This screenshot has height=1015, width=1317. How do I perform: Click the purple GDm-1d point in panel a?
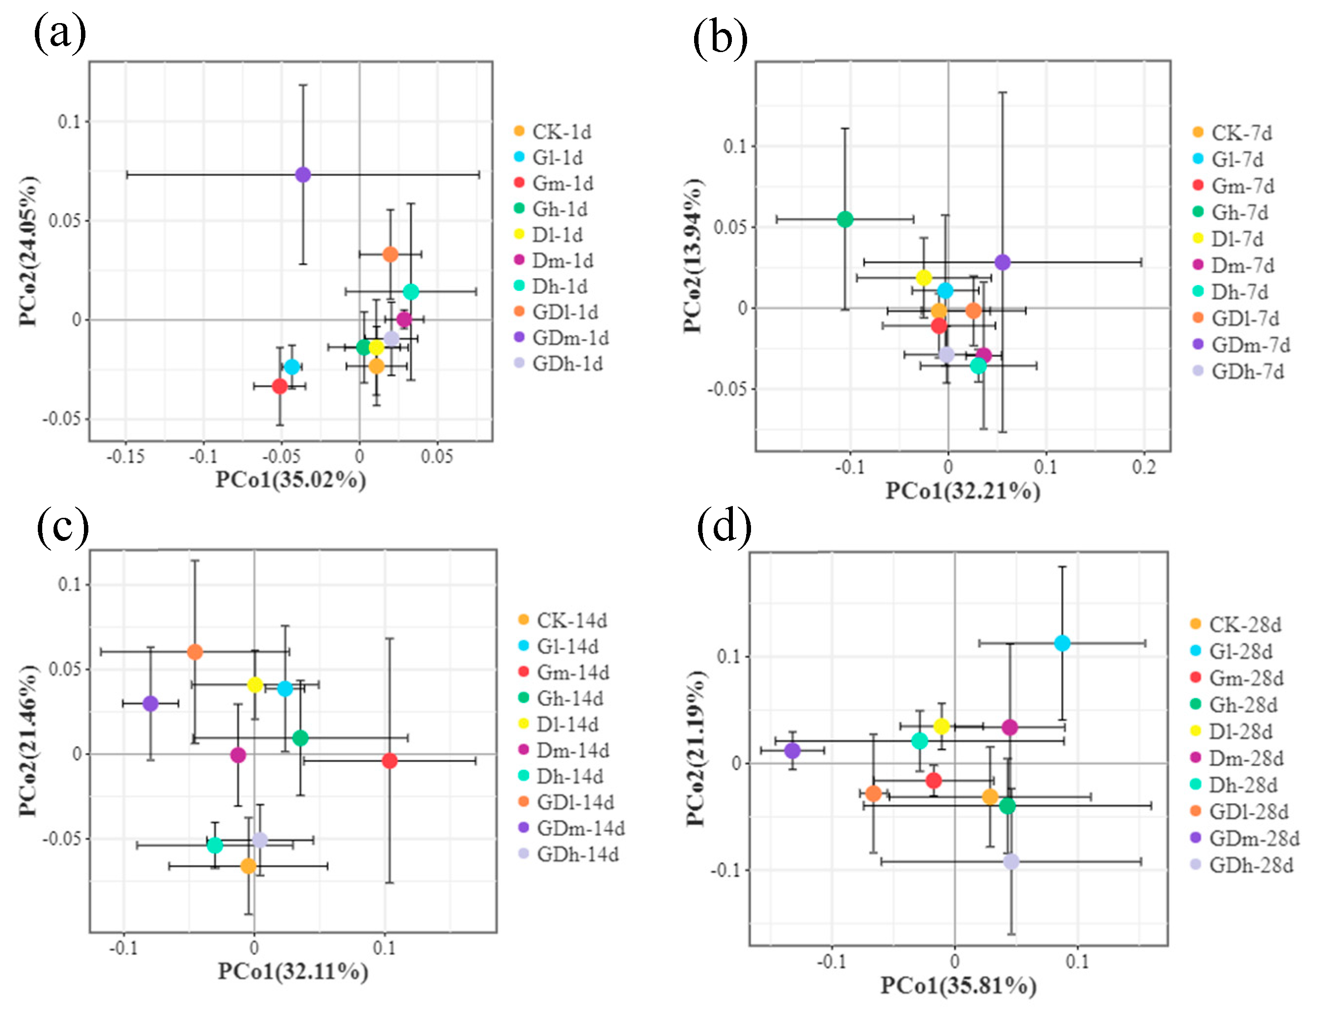click(303, 174)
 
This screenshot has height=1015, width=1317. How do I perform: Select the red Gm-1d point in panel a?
click(280, 386)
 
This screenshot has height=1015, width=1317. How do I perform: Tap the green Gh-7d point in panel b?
click(845, 219)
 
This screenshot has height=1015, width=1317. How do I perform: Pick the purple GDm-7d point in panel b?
click(1002, 262)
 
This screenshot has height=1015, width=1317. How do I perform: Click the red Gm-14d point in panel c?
click(390, 761)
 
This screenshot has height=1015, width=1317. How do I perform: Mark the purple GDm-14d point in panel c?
click(151, 703)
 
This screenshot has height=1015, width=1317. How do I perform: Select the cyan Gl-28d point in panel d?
click(1062, 643)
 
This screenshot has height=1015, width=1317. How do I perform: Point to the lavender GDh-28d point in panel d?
click(1011, 861)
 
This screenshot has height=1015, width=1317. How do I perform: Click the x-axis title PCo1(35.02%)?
click(291, 479)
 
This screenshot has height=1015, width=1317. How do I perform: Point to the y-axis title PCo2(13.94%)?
click(693, 255)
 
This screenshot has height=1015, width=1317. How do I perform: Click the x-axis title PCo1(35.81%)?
click(958, 986)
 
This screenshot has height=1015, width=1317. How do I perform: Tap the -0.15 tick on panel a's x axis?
click(126, 456)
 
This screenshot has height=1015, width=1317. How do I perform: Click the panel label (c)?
click(63, 527)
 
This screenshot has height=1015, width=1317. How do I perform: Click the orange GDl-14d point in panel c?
click(195, 652)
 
